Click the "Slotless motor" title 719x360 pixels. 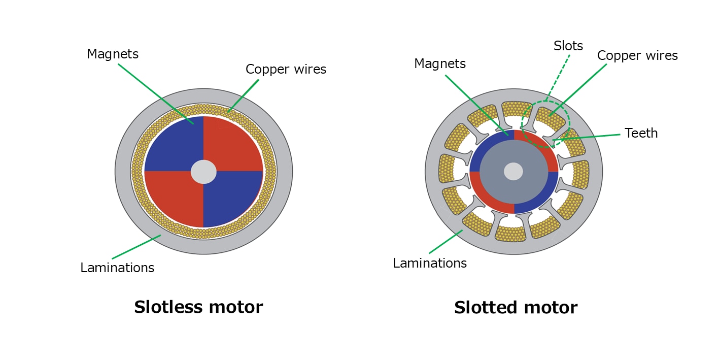198,307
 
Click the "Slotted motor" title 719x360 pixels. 516,308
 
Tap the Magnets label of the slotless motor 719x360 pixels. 113,54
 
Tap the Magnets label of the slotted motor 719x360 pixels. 440,63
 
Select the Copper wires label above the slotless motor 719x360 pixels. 286,70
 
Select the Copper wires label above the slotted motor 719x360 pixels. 637,56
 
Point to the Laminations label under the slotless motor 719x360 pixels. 117,268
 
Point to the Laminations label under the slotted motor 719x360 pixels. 430,263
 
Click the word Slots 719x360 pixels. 568,46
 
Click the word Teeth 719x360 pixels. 641,133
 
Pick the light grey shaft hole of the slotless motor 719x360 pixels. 203,172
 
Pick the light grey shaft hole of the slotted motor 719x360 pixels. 513,172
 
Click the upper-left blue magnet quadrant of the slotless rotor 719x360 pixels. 173,145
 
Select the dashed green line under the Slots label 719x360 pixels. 559,76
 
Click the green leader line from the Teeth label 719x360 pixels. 589,137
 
